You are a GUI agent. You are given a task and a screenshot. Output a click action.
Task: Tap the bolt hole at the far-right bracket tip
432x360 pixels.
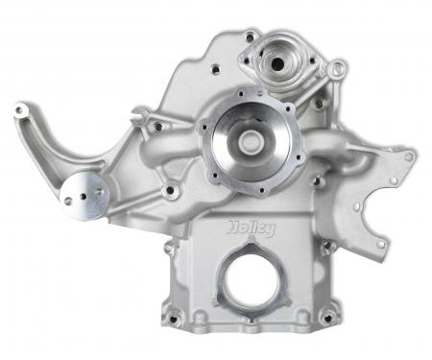coord(410,156)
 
